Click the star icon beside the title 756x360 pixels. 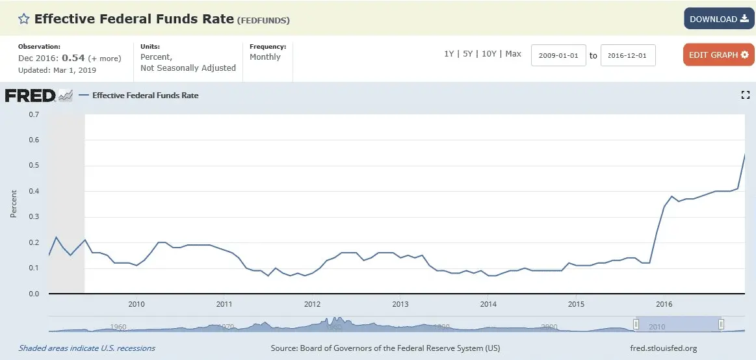(23, 19)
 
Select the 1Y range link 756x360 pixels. (449, 54)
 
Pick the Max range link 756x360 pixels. (513, 54)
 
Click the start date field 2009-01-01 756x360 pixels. (558, 55)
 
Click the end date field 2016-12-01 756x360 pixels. (628, 55)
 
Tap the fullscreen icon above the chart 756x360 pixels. (745, 96)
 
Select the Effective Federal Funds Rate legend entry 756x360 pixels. (145, 96)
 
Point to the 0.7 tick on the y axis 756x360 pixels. (34, 114)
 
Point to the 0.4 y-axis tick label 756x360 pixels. (34, 191)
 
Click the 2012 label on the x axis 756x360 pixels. (312, 303)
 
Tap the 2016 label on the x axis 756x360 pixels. (664, 303)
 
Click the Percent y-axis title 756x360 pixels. (14, 204)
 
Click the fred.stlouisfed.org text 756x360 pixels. (664, 348)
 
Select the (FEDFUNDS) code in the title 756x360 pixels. (263, 20)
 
